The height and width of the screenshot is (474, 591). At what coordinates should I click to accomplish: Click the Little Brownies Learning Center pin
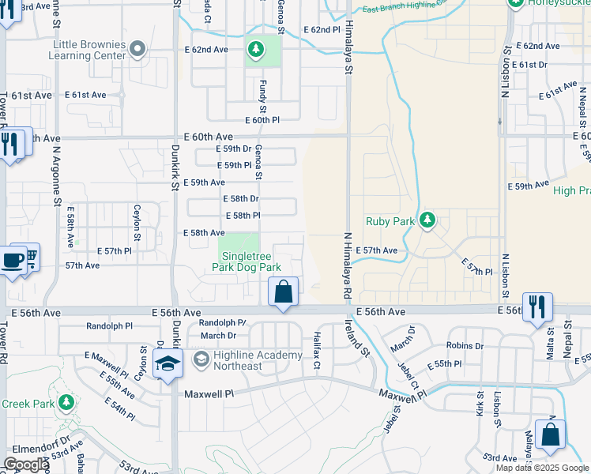[x=137, y=50]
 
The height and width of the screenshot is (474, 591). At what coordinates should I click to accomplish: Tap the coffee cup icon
[x=12, y=261]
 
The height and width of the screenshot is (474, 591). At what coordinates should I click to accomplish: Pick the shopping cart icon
[x=31, y=256]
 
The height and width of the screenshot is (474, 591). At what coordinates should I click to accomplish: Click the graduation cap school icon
[x=168, y=365]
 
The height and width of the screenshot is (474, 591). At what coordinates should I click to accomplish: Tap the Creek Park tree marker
[x=66, y=403]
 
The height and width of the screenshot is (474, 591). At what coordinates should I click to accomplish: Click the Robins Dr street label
[x=464, y=345]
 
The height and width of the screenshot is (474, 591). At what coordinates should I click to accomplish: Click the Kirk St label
[x=479, y=404]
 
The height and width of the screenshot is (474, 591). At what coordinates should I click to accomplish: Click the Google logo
[x=27, y=464]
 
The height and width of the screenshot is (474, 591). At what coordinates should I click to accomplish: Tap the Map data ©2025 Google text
[x=541, y=468]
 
